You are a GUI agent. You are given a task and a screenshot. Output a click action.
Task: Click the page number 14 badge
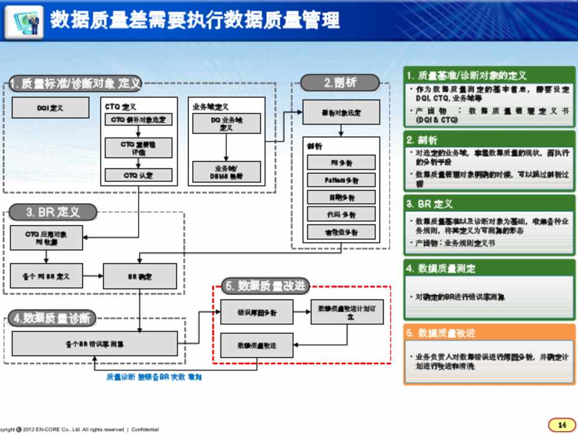pos(562,424)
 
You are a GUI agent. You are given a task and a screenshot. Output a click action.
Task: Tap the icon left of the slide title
pos(28,20)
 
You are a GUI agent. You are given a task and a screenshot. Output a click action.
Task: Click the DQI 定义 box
pos(50,108)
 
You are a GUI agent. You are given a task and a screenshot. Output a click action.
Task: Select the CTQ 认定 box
pos(138,175)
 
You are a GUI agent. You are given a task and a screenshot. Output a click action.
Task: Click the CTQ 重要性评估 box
pos(138,148)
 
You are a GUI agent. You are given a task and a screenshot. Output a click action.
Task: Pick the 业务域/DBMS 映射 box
pos(226,172)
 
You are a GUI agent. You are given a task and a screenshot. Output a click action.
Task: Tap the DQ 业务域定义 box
pos(226,124)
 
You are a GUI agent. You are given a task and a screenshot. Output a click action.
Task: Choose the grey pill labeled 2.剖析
pos(340,83)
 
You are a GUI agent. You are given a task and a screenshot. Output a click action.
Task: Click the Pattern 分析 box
pos(341,180)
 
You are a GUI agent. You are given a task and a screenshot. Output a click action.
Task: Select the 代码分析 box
pos(341,215)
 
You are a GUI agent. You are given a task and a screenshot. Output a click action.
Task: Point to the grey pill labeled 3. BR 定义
pos(53,212)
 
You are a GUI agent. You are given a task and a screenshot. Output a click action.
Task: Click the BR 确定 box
pos(140,276)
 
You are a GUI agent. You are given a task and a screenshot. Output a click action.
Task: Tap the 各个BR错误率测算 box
pos(95,344)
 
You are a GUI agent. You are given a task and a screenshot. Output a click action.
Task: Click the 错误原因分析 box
pos(256,312)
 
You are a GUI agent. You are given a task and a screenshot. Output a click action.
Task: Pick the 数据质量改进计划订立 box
pos(346,312)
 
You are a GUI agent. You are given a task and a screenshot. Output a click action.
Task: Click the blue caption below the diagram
pos(154,377)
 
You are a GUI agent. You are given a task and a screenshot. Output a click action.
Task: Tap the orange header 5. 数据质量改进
pos(488,333)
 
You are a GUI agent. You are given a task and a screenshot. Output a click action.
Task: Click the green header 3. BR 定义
pos(488,204)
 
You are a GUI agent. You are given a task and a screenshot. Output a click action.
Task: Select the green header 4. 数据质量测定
pos(488,268)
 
